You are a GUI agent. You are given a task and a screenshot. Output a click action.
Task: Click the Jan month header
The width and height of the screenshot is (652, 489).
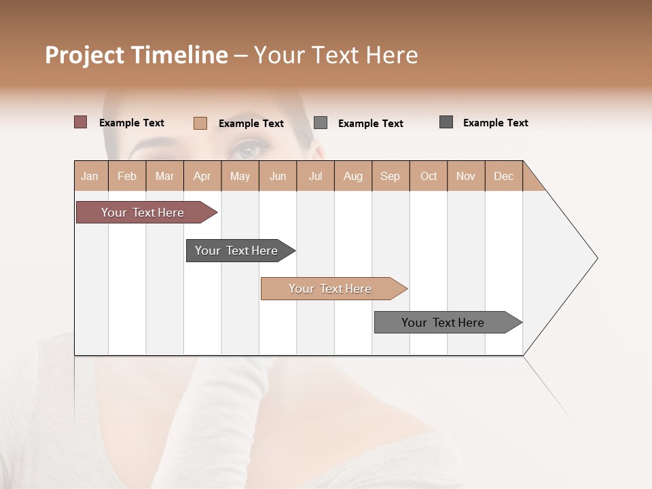(x=90, y=176)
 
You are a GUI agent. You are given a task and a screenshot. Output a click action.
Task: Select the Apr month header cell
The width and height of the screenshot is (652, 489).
(x=202, y=176)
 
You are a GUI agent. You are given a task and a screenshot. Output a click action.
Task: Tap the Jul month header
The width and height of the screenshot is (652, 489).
(x=315, y=176)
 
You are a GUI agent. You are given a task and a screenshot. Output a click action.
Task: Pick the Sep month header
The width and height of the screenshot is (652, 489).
(x=390, y=176)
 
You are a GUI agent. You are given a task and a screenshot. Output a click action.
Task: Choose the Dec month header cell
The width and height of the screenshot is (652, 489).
(x=503, y=176)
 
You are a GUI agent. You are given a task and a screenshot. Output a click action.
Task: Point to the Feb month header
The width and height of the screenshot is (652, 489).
(x=127, y=176)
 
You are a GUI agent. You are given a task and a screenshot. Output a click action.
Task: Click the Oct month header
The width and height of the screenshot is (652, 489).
(x=429, y=176)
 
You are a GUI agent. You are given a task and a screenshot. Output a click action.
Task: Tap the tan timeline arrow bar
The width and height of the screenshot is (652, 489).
(x=331, y=289)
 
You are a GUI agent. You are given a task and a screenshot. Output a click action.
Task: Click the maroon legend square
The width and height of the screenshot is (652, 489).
(x=80, y=122)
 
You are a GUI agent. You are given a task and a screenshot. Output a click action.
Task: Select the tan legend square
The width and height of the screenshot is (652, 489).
(x=200, y=123)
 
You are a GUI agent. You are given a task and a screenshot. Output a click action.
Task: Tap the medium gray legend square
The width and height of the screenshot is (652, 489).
(x=321, y=122)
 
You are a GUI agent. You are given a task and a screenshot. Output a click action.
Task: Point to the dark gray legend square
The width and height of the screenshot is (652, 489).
(x=446, y=122)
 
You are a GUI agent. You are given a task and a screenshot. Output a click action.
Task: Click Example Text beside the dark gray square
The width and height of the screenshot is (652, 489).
(x=495, y=122)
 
